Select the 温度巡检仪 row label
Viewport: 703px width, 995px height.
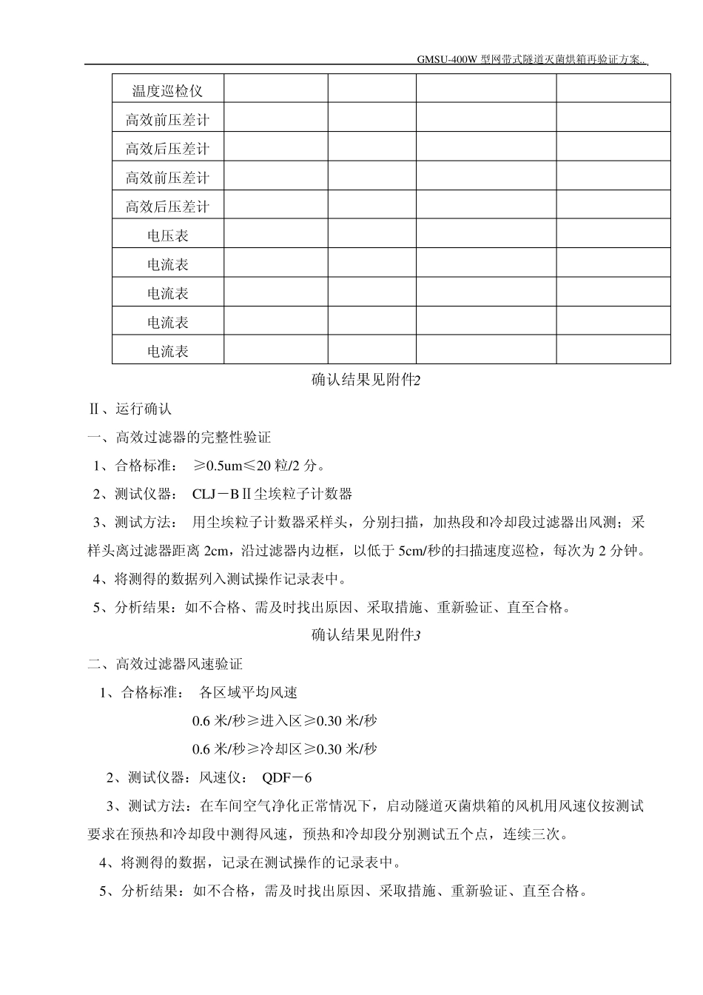click(167, 91)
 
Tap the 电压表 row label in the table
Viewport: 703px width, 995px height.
click(167, 235)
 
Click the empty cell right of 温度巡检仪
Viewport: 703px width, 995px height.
click(275, 89)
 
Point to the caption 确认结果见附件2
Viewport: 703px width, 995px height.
click(366, 380)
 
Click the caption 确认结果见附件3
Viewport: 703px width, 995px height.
click(366, 634)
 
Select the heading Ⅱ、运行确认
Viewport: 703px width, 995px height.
click(129, 409)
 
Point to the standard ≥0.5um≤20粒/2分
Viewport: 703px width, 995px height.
click(259, 466)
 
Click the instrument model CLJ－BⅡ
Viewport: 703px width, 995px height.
click(222, 494)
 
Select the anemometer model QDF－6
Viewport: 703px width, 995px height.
click(287, 777)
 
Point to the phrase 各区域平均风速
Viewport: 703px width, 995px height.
click(249, 693)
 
